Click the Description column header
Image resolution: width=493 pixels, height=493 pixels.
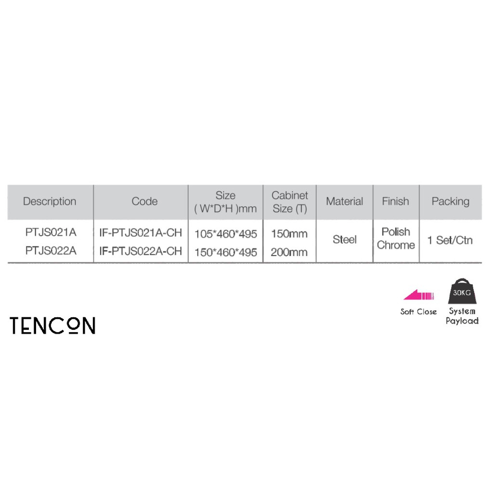point(50,202)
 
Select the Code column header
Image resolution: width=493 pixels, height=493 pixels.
point(144,202)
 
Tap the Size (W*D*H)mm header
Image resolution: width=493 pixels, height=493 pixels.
point(225,202)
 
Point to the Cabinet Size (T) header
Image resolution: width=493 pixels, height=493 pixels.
point(289,202)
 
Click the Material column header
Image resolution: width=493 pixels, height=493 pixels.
point(344,202)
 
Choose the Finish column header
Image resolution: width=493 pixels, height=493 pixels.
point(395,202)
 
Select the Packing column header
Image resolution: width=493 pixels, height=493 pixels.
point(450,202)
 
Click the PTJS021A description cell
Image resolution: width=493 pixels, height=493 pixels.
point(51,233)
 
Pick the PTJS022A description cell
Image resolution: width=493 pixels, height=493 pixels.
point(51,251)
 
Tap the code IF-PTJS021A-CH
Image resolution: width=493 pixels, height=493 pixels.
point(141,233)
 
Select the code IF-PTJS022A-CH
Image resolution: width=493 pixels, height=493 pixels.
point(141,251)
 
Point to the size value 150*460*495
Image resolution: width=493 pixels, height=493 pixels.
point(226,252)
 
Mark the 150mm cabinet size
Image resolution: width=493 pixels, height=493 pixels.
point(289,234)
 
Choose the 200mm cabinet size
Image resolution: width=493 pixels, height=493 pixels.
point(289,252)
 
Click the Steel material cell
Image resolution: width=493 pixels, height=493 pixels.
point(345,240)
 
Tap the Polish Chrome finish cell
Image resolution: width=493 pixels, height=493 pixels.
point(396,239)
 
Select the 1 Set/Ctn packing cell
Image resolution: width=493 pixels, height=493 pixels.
point(450,240)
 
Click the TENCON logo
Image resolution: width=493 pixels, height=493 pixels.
point(52,326)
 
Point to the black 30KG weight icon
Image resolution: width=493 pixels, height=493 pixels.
point(462,291)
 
